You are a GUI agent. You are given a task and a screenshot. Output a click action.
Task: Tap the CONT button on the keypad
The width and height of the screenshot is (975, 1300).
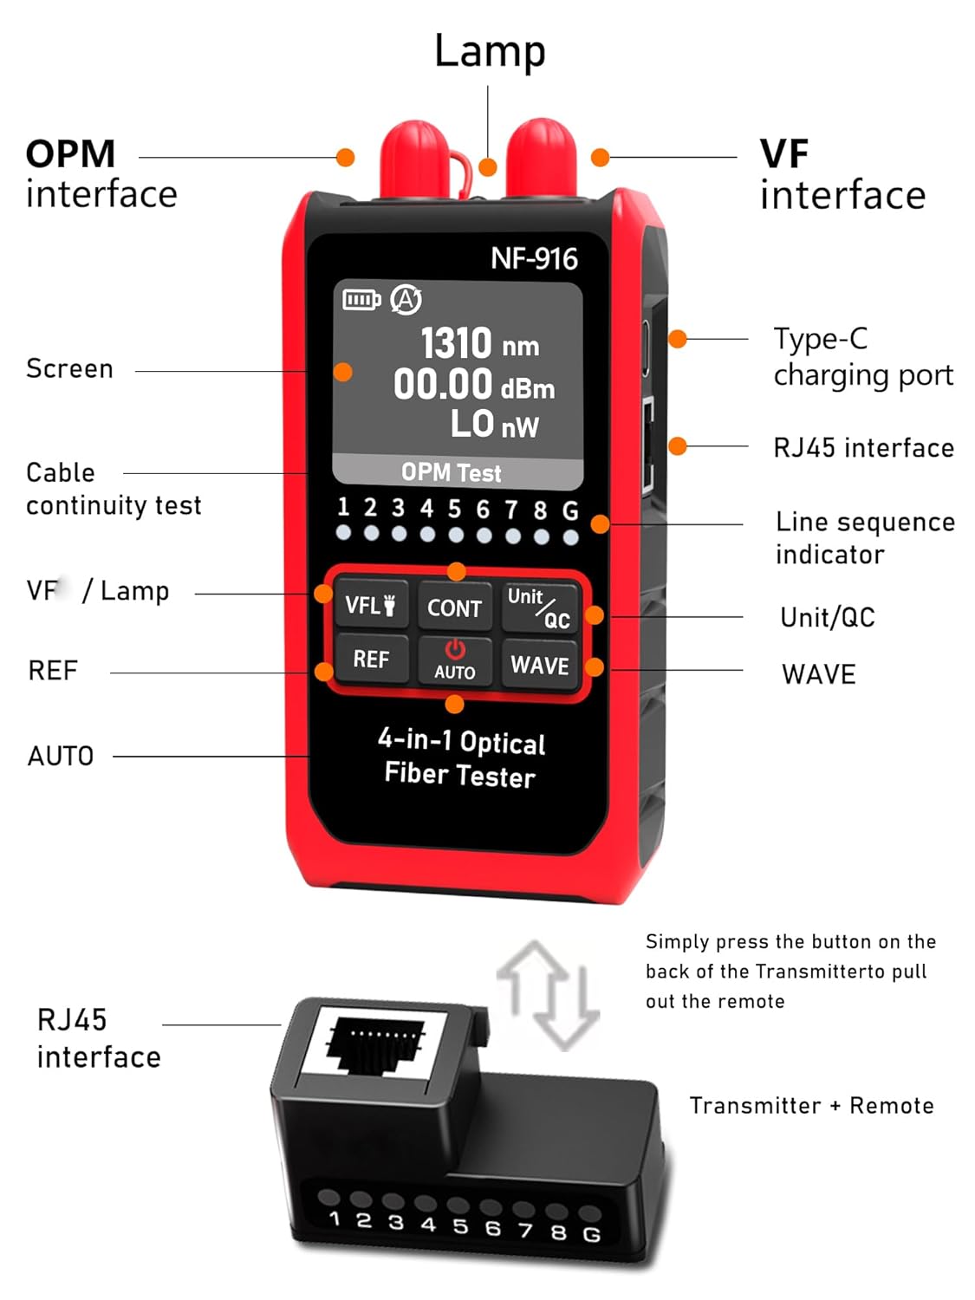pos(454,608)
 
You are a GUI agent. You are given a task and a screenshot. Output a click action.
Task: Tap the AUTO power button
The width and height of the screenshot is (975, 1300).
pos(454,660)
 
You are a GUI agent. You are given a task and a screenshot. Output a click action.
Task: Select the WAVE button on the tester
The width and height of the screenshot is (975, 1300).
pos(539,665)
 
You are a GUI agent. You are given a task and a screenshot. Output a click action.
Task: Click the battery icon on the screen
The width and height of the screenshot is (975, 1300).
pos(361,300)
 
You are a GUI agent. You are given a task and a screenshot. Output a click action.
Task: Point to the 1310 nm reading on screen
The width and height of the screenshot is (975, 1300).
pos(479,344)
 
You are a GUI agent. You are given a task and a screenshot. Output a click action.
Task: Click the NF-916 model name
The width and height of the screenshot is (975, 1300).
pos(533,258)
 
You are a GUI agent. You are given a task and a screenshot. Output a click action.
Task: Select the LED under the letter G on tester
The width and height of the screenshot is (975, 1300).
pos(570,537)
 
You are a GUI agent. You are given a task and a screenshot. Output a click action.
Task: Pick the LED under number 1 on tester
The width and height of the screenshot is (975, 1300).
pos(344,533)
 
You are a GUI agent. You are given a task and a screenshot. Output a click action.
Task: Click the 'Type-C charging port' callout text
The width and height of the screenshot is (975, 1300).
pos(862,356)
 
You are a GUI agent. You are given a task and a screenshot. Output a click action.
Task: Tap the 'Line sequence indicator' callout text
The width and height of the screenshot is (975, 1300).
pos(864,537)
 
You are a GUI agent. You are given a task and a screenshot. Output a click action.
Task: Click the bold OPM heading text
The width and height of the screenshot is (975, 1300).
pos(70,154)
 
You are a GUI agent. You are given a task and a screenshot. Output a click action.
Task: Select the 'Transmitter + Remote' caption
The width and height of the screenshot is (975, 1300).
pos(811,1106)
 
